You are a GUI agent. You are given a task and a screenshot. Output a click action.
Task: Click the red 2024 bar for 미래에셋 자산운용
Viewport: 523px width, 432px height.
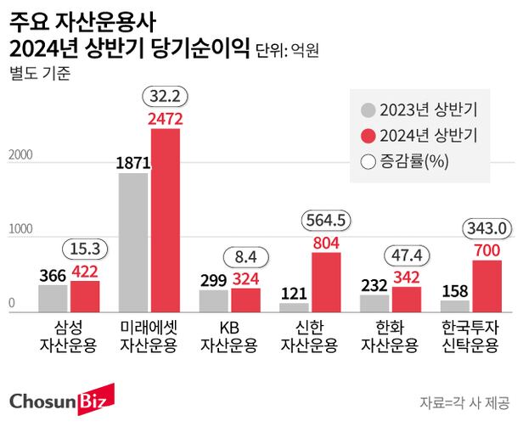point(166,221)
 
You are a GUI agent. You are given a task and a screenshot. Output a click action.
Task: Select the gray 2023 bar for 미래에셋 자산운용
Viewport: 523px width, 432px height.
point(133,243)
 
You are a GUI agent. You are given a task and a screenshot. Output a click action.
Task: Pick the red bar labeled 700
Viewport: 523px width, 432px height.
point(486,286)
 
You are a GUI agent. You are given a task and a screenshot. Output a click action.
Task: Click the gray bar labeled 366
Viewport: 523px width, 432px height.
point(53,298)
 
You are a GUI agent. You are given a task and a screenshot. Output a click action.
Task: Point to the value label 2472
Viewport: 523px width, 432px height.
point(166,120)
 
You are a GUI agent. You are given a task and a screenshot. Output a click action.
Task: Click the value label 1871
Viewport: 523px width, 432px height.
point(133,164)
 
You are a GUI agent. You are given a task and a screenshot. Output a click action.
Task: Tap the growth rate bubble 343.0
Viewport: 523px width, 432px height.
point(486,228)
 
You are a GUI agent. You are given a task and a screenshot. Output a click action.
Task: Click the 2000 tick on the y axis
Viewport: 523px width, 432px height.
point(21,155)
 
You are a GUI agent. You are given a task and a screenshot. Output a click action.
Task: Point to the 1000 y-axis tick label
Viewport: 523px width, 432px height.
point(21,230)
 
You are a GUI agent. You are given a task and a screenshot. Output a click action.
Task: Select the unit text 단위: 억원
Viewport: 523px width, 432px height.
point(287,50)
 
